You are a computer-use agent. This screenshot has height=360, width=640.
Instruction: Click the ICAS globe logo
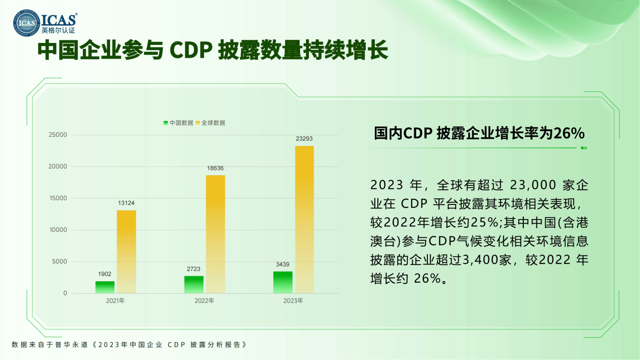click(27, 23)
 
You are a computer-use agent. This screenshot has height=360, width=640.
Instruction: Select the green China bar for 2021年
click(105, 287)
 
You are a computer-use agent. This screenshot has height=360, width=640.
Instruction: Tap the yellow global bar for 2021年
click(126, 252)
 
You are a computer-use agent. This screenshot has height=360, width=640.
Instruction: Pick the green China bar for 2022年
click(194, 285)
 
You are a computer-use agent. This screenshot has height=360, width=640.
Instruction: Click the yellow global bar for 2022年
click(215, 234)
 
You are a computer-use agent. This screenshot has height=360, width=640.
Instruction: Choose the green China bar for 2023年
click(283, 282)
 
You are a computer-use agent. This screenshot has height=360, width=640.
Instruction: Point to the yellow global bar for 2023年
click(304, 220)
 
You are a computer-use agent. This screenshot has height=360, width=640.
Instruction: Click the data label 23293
click(304, 139)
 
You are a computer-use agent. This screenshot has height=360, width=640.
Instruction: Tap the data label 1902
click(105, 274)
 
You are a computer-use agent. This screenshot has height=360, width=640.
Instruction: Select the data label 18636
click(215, 168)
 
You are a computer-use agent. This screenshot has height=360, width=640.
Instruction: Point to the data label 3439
click(282, 265)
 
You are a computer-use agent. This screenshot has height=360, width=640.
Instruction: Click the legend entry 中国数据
click(178, 123)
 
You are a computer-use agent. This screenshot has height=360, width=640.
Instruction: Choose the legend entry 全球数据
click(210, 123)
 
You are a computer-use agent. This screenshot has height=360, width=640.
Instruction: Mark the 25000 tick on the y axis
click(58, 135)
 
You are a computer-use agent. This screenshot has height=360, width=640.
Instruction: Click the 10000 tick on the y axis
click(58, 230)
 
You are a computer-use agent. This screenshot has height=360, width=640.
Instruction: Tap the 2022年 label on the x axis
click(204, 300)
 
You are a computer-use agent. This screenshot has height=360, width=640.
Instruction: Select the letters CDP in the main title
click(191, 50)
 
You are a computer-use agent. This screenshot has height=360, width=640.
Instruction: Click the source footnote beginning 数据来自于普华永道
click(129, 344)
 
